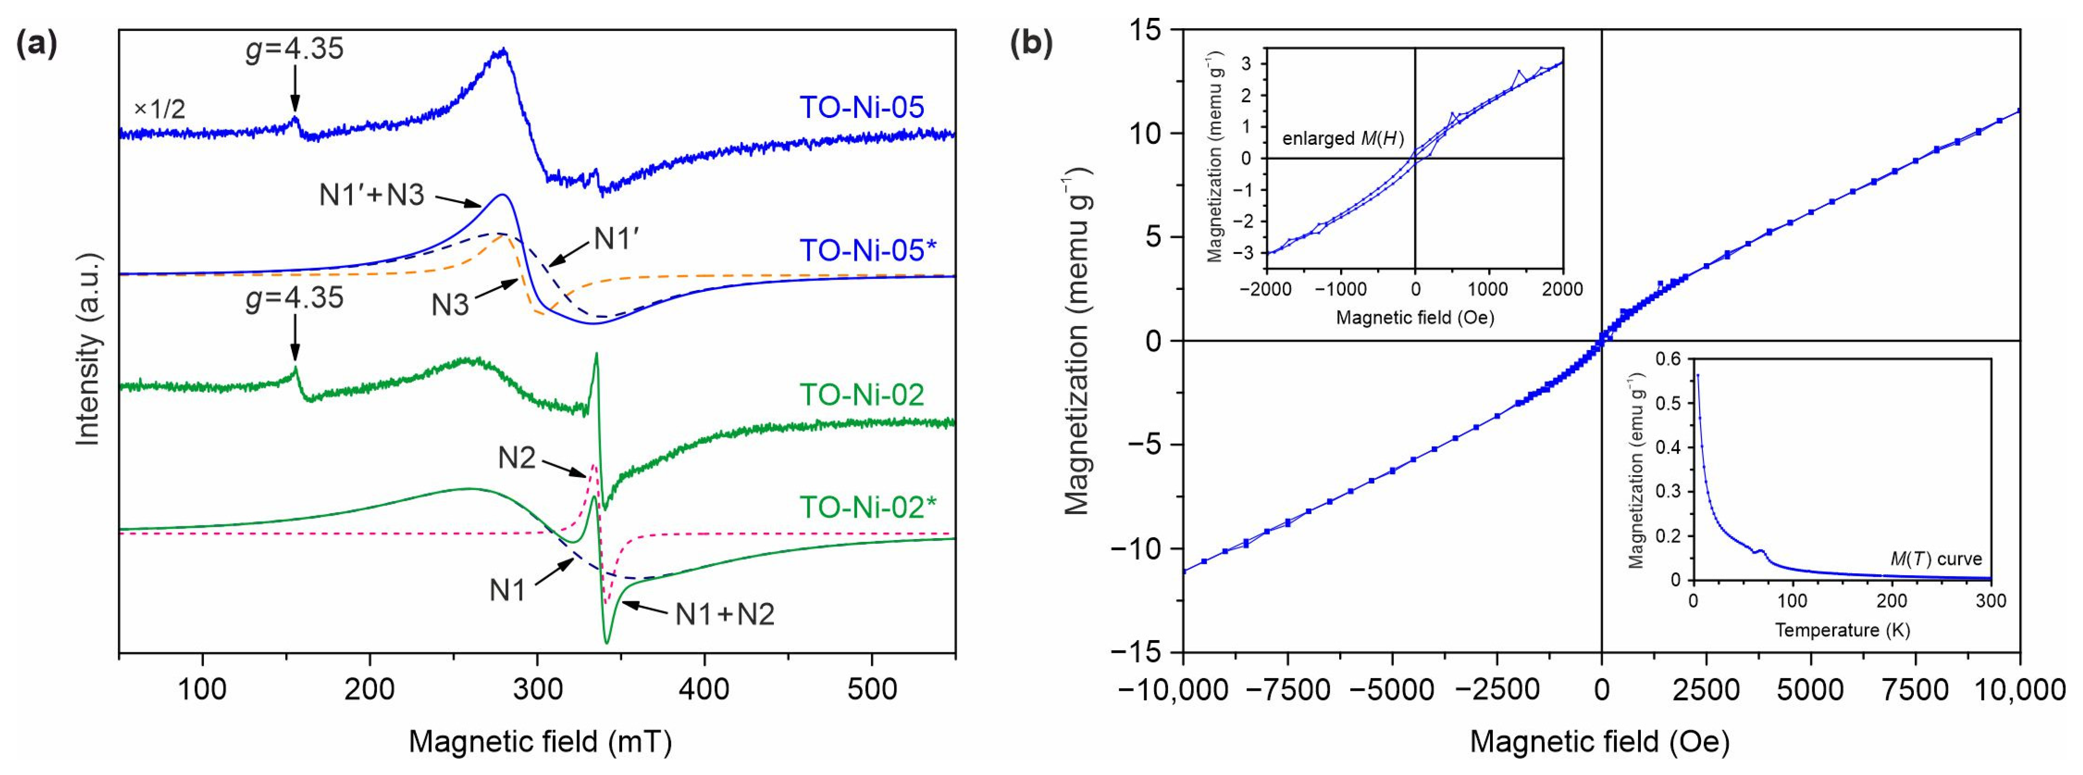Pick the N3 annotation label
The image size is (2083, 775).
click(450, 306)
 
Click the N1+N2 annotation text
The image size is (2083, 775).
click(725, 614)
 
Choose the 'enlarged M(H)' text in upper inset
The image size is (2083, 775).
click(1342, 138)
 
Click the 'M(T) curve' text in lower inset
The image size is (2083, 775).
click(1935, 559)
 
